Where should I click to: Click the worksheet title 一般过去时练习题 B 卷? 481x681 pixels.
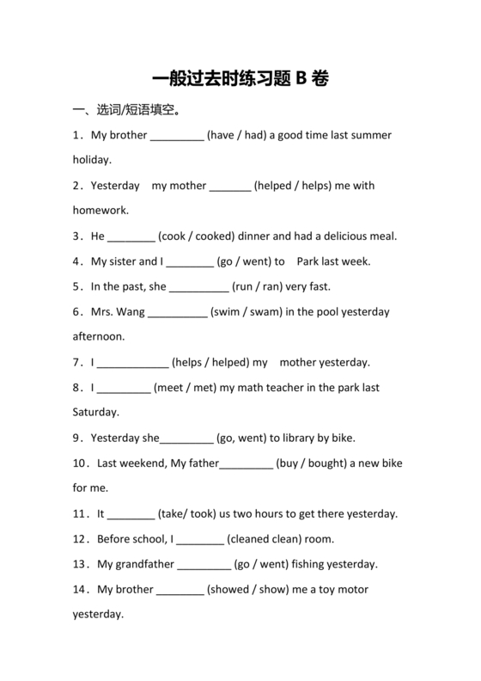[x=240, y=79]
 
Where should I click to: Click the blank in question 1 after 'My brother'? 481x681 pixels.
[x=177, y=136]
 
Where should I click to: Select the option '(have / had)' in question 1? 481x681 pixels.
[x=236, y=135]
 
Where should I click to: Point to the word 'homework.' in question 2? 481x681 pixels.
[x=100, y=210]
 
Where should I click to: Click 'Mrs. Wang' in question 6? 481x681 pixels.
[x=119, y=311]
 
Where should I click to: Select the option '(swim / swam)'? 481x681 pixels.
[x=247, y=311]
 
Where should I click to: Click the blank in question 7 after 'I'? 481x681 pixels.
[x=134, y=362]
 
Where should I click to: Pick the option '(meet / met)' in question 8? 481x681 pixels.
[x=185, y=387]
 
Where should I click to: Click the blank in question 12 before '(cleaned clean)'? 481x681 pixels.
[x=199, y=539]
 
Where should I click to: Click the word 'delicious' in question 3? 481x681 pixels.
[x=344, y=236]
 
